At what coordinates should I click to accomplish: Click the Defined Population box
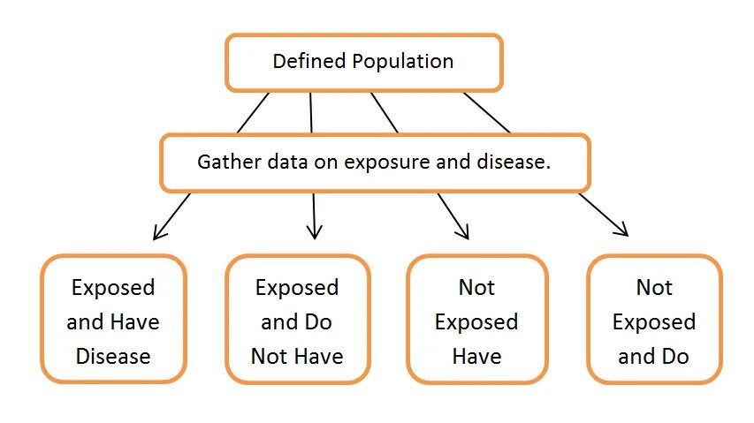[363, 62]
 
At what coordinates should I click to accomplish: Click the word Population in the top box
[403, 62]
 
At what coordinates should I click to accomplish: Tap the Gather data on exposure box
[375, 162]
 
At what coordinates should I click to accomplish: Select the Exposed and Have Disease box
[113, 319]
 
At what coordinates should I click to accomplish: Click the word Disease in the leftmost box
[113, 357]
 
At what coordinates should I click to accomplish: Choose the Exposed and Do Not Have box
[297, 319]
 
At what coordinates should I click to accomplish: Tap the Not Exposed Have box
[476, 319]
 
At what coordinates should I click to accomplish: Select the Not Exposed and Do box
[655, 319]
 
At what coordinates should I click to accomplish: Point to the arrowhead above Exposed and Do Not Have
[314, 234]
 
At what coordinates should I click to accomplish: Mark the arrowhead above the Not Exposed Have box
[463, 234]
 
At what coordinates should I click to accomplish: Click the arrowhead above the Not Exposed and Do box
[623, 231]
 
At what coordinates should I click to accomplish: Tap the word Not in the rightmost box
[655, 288]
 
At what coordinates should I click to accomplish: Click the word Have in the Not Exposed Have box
[476, 357]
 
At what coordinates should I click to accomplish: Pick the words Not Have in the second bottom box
[297, 357]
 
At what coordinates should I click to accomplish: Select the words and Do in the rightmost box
[655, 357]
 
